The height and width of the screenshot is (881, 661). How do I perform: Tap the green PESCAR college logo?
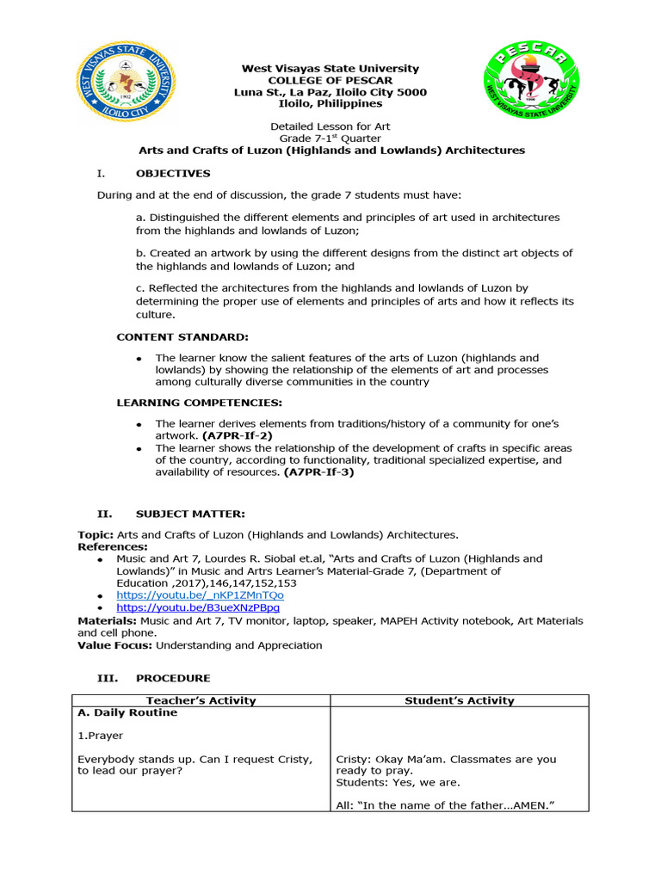tap(530, 85)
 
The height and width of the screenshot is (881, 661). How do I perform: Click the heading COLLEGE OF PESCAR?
tap(330, 80)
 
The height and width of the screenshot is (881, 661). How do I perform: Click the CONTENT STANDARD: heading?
tap(182, 336)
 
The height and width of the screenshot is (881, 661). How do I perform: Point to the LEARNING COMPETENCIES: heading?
tap(200, 403)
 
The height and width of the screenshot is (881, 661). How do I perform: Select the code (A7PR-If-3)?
tap(318, 471)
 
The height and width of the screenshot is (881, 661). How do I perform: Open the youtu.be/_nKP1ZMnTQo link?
tap(201, 595)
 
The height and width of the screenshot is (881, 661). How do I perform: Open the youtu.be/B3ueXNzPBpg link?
tap(199, 607)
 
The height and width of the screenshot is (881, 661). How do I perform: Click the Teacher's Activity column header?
tap(201, 700)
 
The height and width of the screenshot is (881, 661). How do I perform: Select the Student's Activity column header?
tap(460, 700)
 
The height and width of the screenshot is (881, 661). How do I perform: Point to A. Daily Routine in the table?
tap(127, 712)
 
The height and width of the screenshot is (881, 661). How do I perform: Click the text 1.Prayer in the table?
tap(101, 736)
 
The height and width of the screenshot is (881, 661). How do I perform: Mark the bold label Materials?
tap(107, 620)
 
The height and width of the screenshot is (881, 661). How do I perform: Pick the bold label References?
tap(113, 546)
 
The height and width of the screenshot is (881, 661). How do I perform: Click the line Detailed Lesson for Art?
tap(330, 126)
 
